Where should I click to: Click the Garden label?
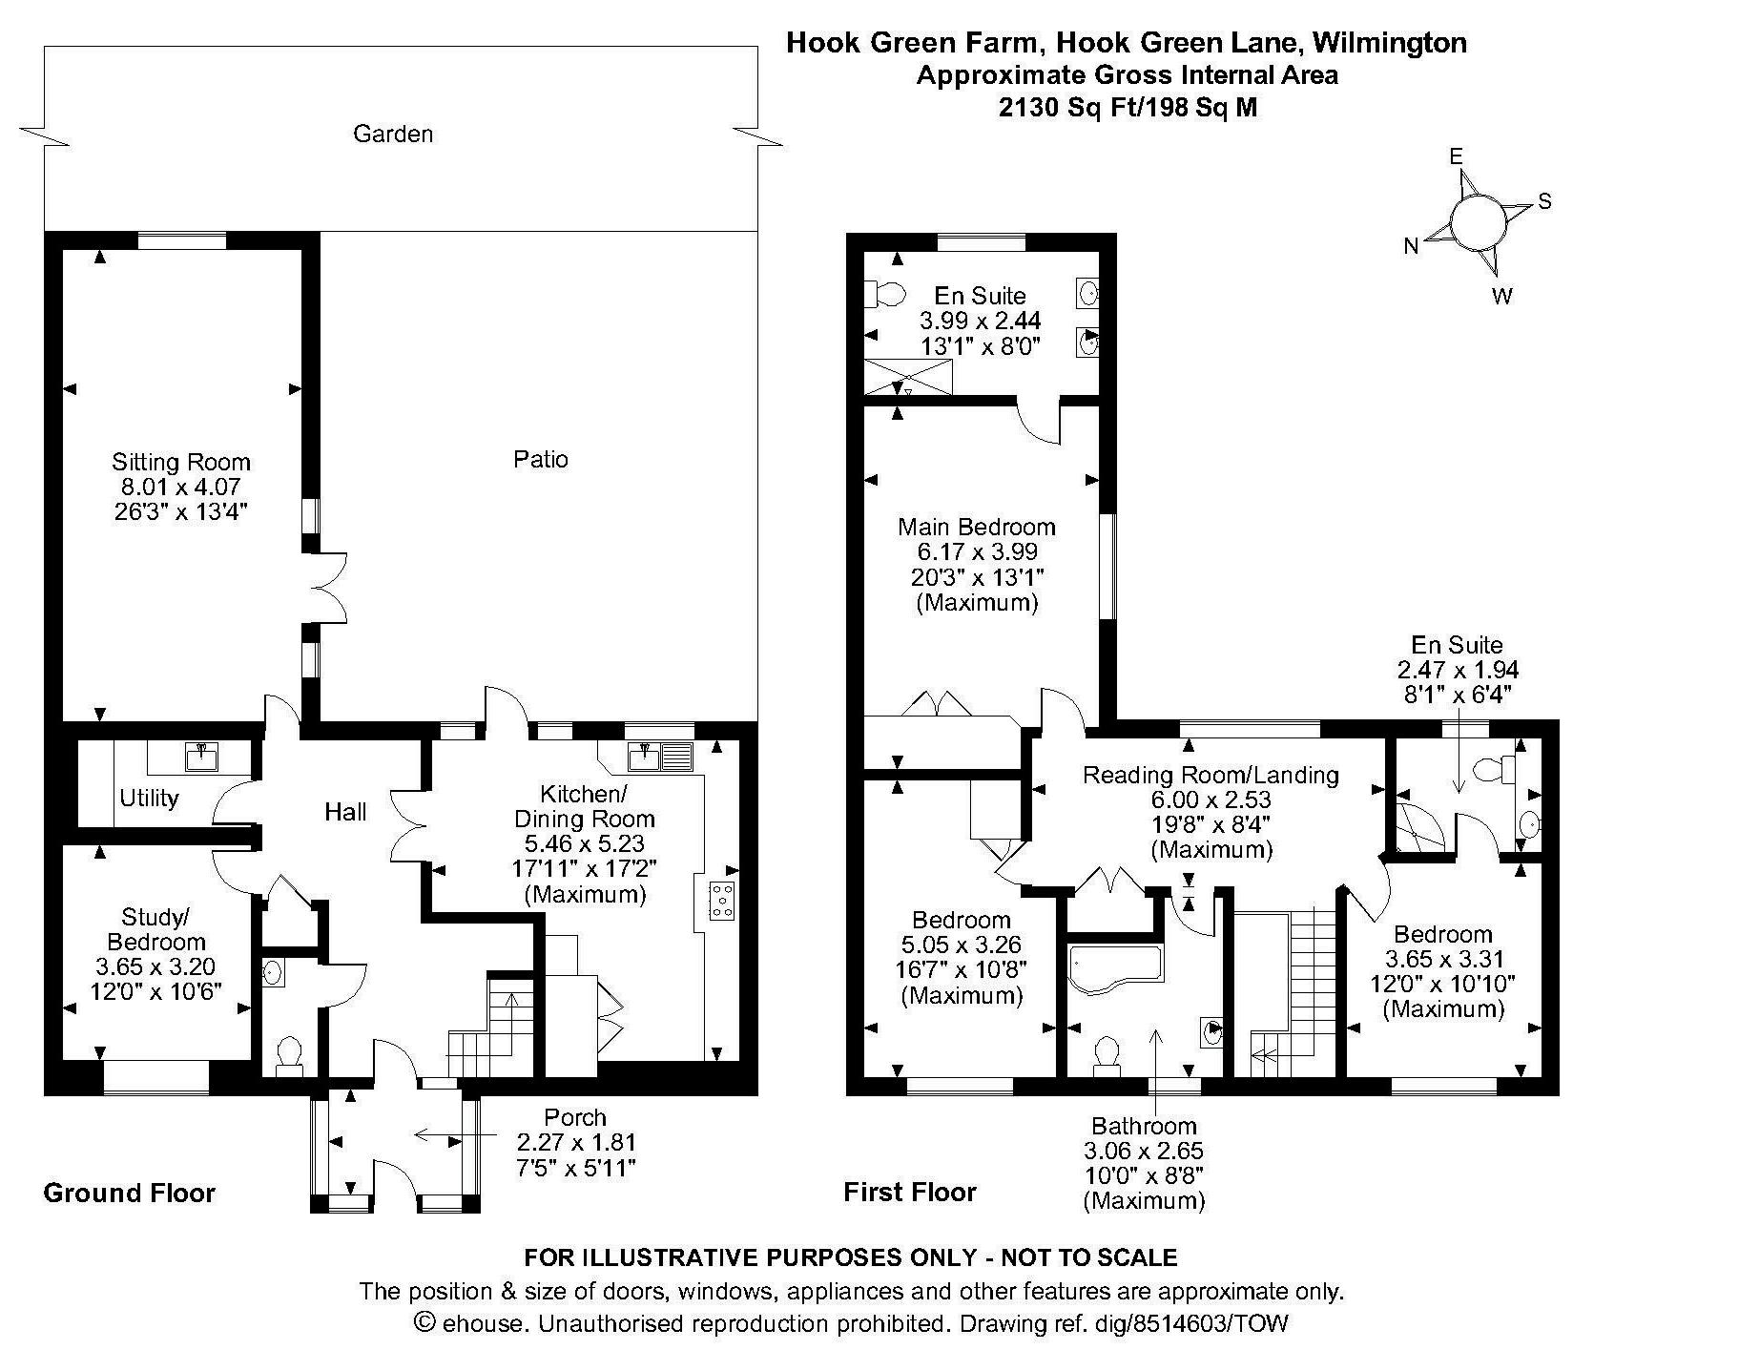pyautogui.click(x=393, y=134)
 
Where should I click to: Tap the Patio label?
pyautogui.click(x=540, y=459)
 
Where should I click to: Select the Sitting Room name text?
pyautogui.click(x=181, y=463)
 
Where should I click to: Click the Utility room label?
pyautogui.click(x=149, y=798)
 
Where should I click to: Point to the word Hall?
pyautogui.click(x=345, y=812)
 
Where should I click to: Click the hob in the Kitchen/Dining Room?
pyautogui.click(x=721, y=902)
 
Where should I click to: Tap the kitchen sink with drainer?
pyautogui.click(x=660, y=757)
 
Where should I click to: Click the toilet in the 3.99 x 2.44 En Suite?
pyautogui.click(x=885, y=294)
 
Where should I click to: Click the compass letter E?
pyautogui.click(x=1456, y=156)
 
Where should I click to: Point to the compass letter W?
pyautogui.click(x=1501, y=296)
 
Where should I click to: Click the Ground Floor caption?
pyautogui.click(x=130, y=1193)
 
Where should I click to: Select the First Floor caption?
pyautogui.click(x=910, y=1192)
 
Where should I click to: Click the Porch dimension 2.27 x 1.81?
pyautogui.click(x=575, y=1142)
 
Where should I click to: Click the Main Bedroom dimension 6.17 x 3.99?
pyautogui.click(x=977, y=551)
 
